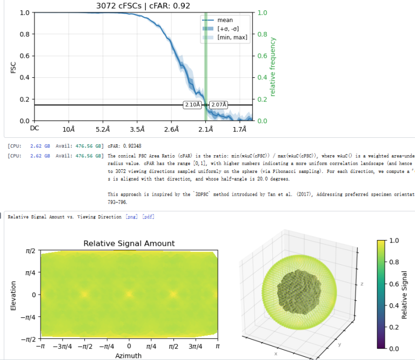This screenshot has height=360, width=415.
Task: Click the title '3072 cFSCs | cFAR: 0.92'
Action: coord(143,6)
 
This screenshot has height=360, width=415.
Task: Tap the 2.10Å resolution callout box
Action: coord(192,104)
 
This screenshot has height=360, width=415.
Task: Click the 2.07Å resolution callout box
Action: coord(219,104)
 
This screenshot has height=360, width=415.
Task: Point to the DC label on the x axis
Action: coord(35,128)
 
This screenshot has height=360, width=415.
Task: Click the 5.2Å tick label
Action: coord(103,130)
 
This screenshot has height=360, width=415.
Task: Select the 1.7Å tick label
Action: coord(239,130)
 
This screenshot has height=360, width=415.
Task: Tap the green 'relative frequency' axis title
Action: coord(273,67)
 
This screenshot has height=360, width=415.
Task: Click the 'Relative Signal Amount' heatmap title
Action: coord(129,244)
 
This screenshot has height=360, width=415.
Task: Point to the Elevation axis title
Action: coord(14,295)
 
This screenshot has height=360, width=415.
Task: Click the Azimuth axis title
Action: coord(129,355)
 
